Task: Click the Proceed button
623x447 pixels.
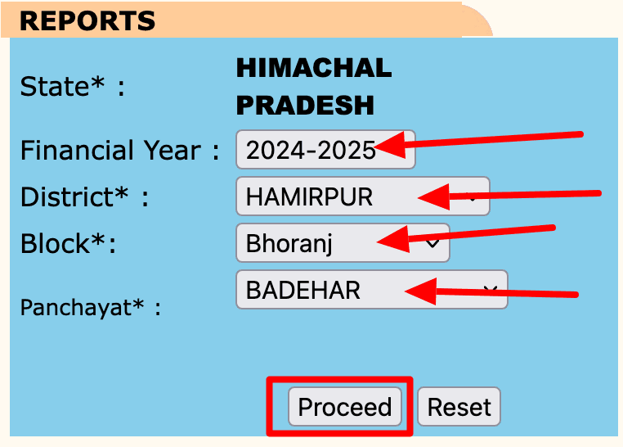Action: (344, 407)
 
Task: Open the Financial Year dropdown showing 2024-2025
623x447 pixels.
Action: (325, 151)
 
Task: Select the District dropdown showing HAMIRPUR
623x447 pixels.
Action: (362, 196)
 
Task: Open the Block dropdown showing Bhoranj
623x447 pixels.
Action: (342, 243)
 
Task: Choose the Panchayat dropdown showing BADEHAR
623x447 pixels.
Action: (370, 290)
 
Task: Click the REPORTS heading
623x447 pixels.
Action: (87, 20)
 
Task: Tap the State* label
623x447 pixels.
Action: (72, 86)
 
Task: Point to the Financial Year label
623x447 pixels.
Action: (119, 151)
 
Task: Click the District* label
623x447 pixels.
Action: (83, 197)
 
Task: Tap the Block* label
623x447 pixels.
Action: (67, 244)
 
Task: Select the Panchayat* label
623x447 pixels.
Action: (90, 307)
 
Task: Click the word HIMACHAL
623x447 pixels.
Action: (314, 68)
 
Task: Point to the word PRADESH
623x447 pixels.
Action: (305, 105)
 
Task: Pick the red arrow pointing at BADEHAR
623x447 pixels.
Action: (491, 291)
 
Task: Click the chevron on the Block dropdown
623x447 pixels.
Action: (433, 243)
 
